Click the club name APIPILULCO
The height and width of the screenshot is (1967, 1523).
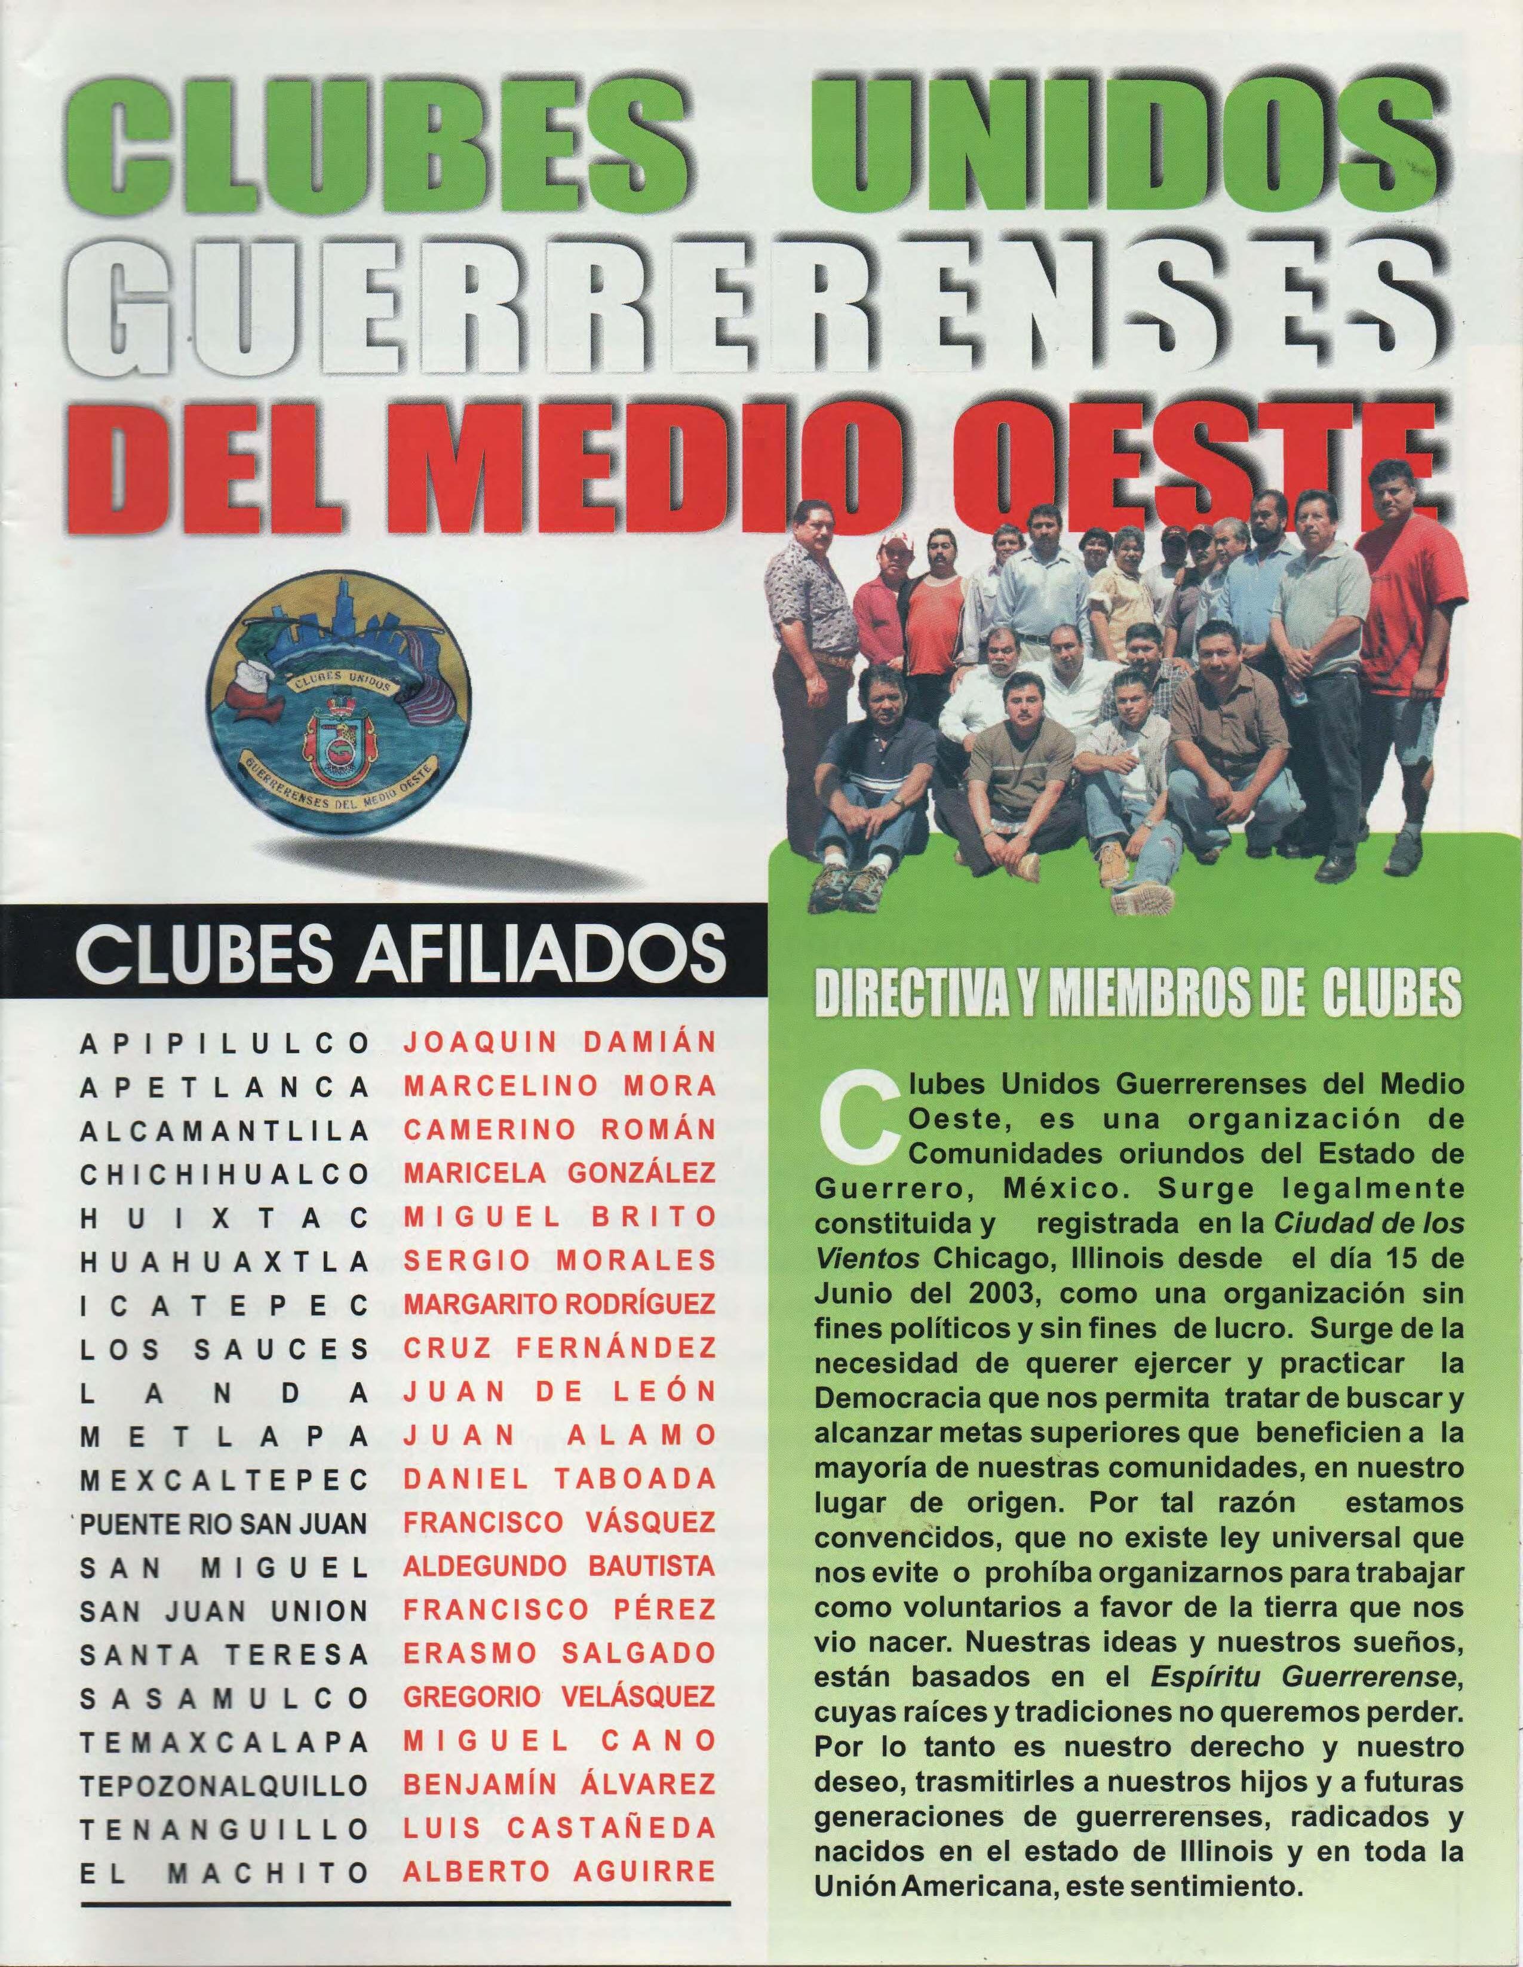pos(224,1044)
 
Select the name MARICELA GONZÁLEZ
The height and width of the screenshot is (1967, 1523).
pos(559,1174)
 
